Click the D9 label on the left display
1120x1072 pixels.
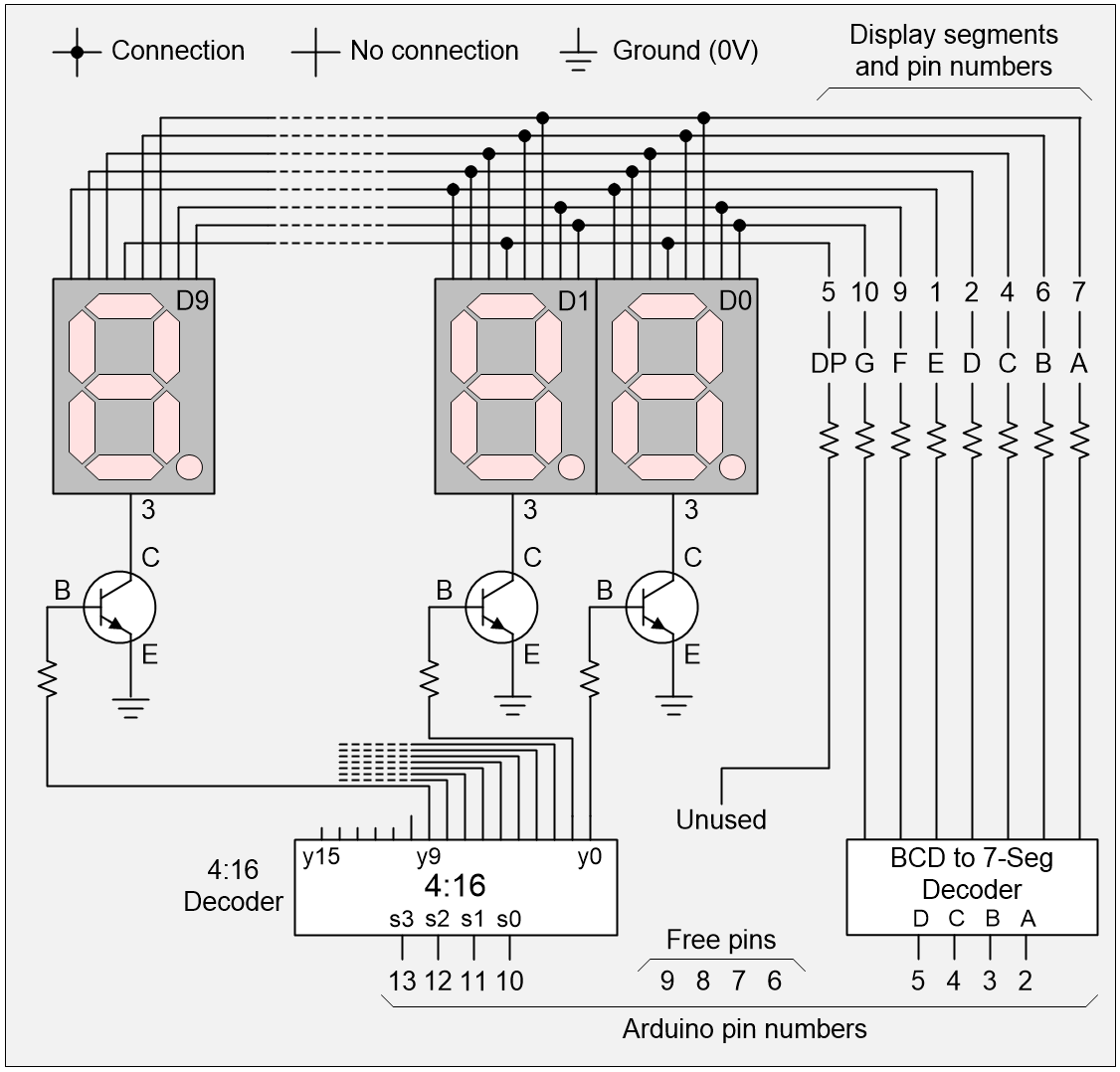click(x=194, y=299)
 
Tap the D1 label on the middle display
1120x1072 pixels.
click(x=573, y=299)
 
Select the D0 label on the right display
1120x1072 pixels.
click(x=734, y=299)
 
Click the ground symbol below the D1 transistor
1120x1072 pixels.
click(x=513, y=707)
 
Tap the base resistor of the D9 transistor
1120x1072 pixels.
click(x=48, y=680)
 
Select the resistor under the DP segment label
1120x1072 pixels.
click(x=829, y=437)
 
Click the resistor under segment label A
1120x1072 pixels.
click(x=1080, y=437)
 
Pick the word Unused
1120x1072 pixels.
click(x=721, y=819)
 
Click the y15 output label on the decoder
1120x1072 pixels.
click(x=321, y=857)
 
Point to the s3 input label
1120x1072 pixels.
click(x=401, y=919)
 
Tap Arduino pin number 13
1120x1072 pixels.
click(x=402, y=982)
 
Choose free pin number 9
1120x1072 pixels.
click(x=666, y=982)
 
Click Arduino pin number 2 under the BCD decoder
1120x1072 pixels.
click(x=1026, y=982)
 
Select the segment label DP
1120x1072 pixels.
click(x=828, y=364)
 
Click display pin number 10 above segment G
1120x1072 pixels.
click(x=864, y=292)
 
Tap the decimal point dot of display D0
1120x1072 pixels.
click(x=732, y=466)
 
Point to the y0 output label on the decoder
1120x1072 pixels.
click(x=590, y=857)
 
